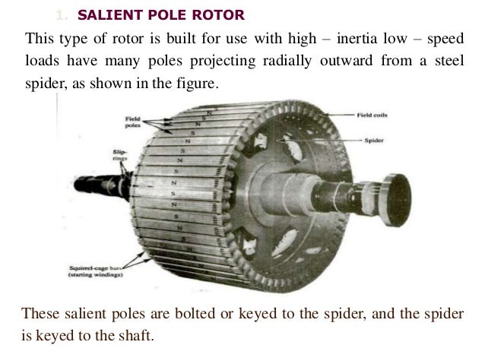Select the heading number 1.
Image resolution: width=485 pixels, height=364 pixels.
pyautogui.click(x=61, y=14)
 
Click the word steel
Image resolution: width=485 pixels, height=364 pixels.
pyautogui.click(x=449, y=62)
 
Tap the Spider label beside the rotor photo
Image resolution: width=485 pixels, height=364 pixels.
pyautogui.click(x=373, y=141)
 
